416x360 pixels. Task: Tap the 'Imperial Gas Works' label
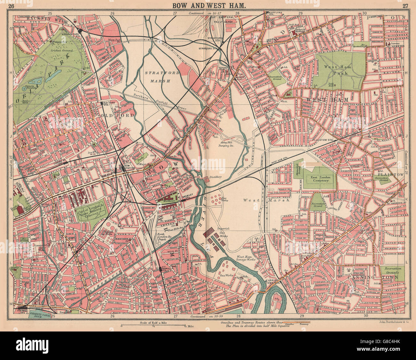click(224, 231)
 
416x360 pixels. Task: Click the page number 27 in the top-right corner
click(405, 5)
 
